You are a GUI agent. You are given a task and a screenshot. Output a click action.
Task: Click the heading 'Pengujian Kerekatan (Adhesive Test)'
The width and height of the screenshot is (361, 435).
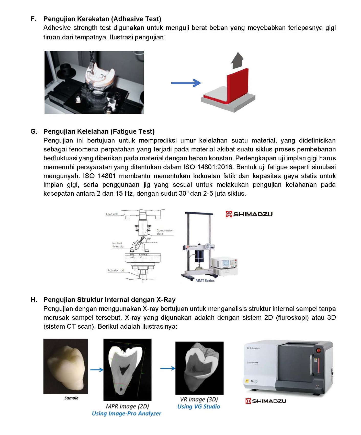click(x=102, y=19)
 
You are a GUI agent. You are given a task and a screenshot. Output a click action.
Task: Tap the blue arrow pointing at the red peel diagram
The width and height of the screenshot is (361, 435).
click(x=186, y=83)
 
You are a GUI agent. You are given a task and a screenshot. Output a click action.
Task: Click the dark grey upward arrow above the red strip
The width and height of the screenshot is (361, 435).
click(x=237, y=61)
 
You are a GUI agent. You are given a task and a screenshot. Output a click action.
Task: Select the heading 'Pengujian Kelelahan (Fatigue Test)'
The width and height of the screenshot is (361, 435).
click(x=99, y=131)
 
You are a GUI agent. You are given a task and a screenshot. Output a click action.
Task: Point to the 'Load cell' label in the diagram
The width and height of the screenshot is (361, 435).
click(x=112, y=214)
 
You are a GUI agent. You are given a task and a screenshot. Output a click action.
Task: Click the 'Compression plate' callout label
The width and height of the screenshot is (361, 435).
click(x=165, y=232)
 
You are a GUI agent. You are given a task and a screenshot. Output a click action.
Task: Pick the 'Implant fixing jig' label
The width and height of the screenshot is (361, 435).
click(x=118, y=245)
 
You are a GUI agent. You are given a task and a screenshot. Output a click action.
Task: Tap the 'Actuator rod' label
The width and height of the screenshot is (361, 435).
click(x=116, y=270)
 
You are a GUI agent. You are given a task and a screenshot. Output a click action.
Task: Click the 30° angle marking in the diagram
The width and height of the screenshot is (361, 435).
click(x=149, y=239)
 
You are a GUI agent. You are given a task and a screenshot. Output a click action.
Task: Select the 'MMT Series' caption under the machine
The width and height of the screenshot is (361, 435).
click(x=205, y=281)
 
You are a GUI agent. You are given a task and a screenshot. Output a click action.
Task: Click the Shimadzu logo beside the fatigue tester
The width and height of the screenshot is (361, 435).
click(x=249, y=214)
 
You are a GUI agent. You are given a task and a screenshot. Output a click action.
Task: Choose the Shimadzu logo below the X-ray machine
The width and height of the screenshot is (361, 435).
click(x=266, y=401)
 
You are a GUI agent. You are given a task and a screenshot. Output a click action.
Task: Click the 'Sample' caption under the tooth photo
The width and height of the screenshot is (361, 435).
click(x=71, y=398)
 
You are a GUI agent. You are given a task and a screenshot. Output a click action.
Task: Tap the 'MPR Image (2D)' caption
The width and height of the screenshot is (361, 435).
click(x=127, y=406)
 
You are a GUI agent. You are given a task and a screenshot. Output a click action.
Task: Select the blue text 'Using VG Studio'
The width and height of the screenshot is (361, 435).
click(x=198, y=407)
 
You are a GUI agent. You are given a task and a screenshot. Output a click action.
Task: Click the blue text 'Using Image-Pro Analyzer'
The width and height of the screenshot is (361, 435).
click(x=127, y=414)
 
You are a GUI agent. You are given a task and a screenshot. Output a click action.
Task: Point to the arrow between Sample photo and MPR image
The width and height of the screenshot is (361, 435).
click(x=97, y=370)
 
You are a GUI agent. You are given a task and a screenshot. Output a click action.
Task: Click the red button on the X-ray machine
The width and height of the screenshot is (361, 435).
click(x=318, y=351)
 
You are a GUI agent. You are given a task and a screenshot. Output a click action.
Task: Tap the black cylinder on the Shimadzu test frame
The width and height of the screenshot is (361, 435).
click(x=199, y=256)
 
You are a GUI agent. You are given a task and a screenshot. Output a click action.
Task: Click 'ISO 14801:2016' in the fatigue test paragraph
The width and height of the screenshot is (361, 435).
click(x=208, y=167)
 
